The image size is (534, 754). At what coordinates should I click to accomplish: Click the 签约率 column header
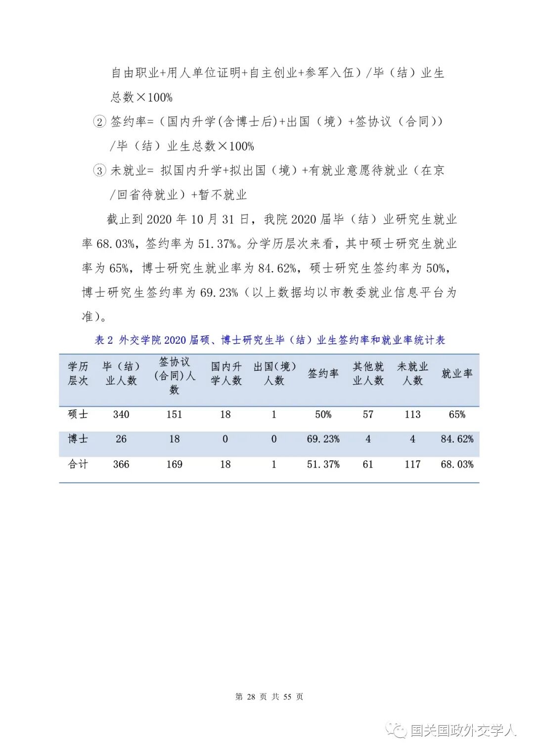323,373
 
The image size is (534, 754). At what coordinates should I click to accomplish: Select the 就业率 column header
456,373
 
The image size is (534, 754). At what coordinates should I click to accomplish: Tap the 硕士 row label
78,414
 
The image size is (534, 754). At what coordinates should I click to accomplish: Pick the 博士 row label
78,439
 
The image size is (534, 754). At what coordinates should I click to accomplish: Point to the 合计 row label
78,464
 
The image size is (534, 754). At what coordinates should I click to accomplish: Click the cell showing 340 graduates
121,414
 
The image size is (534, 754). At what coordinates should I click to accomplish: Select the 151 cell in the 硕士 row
174,414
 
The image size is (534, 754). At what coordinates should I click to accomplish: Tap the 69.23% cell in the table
323,439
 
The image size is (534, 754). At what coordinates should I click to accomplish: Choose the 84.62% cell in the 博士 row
456,439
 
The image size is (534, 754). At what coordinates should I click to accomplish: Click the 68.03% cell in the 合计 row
456,464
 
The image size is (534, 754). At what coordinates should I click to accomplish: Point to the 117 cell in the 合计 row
412,464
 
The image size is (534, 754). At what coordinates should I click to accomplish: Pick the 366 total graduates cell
121,464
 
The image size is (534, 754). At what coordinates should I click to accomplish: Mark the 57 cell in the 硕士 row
368,414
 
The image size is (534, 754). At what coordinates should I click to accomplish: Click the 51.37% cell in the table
323,464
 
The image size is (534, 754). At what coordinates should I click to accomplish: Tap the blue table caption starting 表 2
269,340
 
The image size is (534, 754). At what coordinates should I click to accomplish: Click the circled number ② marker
99,122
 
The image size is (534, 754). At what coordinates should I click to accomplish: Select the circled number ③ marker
99,171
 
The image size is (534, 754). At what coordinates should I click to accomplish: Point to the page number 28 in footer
251,697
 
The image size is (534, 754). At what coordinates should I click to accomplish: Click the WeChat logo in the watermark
397,730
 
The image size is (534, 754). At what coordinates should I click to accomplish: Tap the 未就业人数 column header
412,373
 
